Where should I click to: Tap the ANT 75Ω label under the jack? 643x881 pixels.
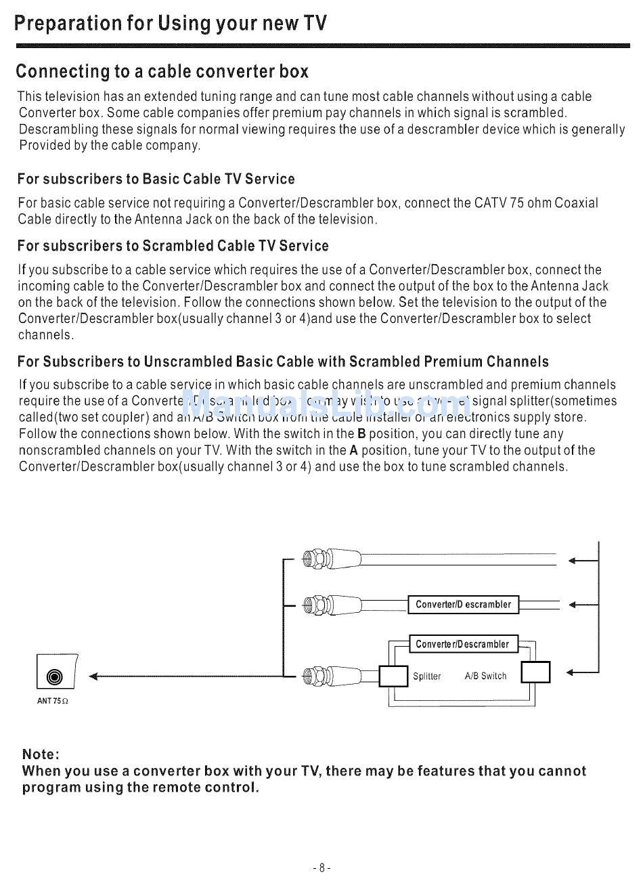point(53,701)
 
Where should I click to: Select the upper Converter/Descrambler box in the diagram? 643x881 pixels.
point(463,605)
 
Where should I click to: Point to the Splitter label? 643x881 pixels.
point(427,676)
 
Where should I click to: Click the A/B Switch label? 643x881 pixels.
point(485,676)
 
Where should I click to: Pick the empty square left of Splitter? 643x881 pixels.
point(393,676)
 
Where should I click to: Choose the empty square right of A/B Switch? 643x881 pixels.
point(536,672)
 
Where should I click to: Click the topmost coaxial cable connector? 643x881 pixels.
point(316,559)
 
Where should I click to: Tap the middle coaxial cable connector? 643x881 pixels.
point(316,603)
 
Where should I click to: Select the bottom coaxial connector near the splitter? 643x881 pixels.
point(316,675)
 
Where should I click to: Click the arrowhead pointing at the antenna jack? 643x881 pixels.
point(94,676)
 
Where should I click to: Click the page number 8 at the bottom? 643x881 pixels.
point(321,867)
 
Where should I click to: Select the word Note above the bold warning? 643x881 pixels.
point(41,754)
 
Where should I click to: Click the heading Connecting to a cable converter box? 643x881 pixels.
point(162,71)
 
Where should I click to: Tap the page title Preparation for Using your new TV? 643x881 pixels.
point(171,24)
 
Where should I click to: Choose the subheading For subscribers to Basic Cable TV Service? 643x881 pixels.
point(156,179)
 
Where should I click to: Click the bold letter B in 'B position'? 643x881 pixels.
point(361,434)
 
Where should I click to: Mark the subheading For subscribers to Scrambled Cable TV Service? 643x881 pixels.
point(173,246)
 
